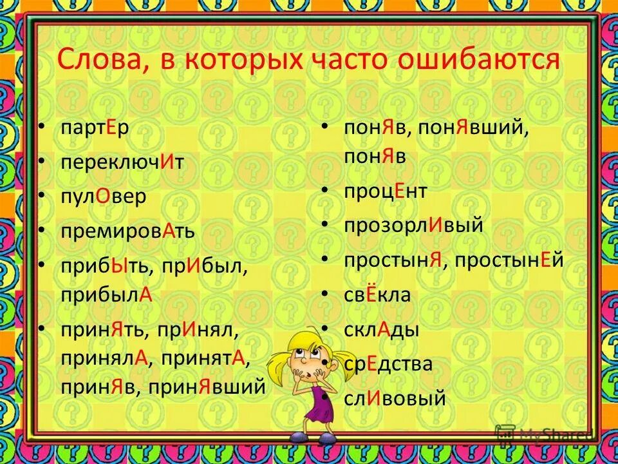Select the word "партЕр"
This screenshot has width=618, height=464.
coord(95,128)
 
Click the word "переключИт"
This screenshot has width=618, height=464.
coord(122,162)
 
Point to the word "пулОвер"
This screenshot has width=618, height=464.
coord(104,196)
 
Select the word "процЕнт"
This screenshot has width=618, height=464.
coord(386,191)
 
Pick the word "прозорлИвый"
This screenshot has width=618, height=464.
coord(413,226)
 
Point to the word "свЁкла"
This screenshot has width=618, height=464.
coord(377,295)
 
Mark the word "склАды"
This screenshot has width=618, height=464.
coord(381,330)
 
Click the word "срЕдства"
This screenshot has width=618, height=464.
coord(388,364)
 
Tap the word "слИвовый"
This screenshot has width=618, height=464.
coord(395,398)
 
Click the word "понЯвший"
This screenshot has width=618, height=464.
coord(473,128)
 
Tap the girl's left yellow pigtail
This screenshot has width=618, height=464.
coord(279,364)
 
